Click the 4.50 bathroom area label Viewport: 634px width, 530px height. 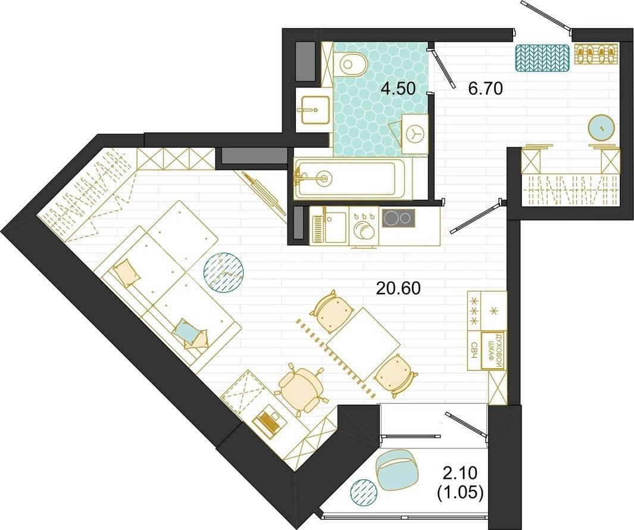click(399, 88)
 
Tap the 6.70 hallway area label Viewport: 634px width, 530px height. click(485, 88)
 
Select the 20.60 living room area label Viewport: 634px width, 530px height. click(398, 288)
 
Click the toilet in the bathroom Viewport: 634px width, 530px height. click(350, 64)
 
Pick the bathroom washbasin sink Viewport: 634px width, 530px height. click(314, 109)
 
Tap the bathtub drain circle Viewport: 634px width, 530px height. click(323, 177)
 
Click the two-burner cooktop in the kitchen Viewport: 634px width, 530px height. click(399, 219)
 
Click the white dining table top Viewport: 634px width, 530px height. click(363, 342)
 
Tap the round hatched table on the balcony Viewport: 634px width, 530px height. click(363, 492)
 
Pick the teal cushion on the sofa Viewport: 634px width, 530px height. click(186, 329)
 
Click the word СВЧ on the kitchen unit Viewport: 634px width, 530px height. click(474, 350)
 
